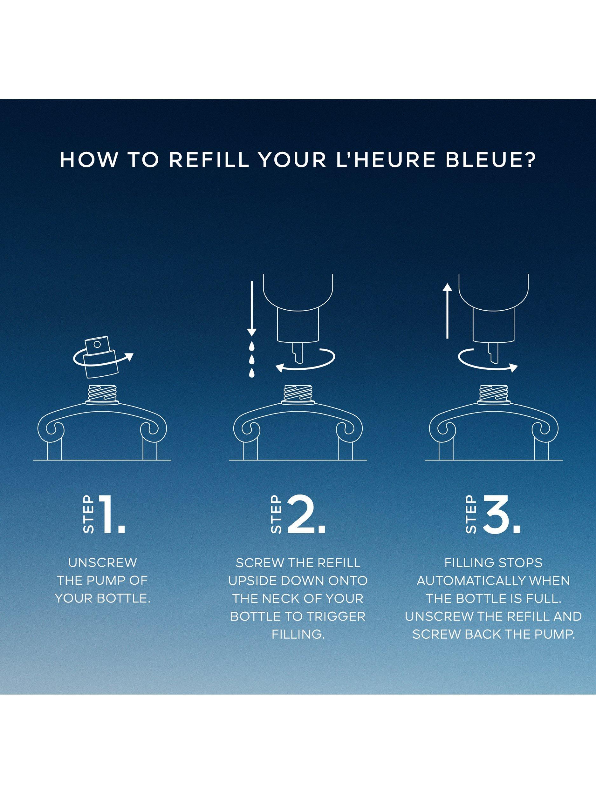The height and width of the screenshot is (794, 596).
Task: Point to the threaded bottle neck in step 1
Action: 102,395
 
